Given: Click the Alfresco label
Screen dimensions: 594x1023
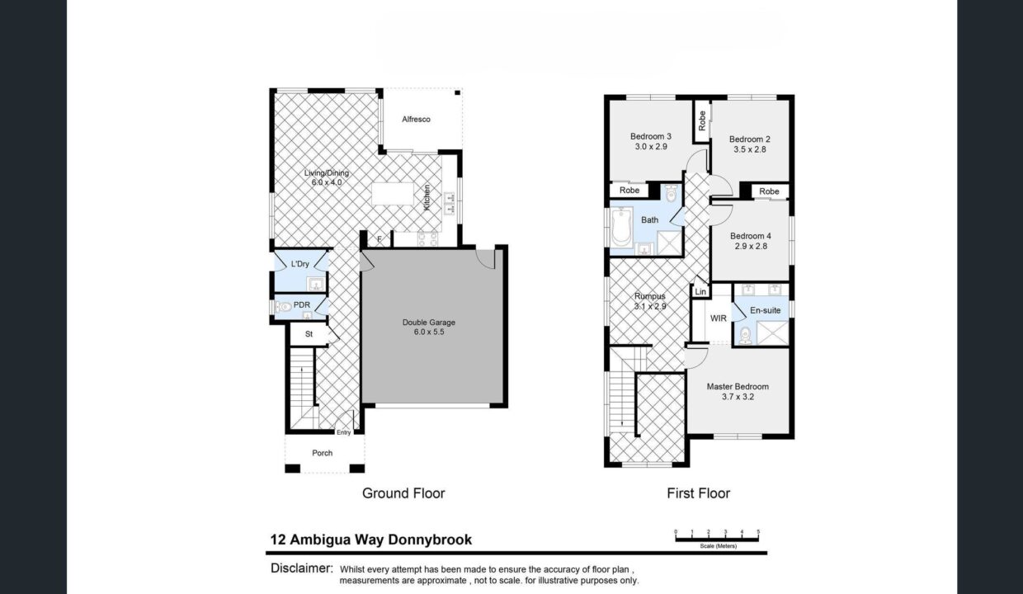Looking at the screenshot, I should (x=416, y=120).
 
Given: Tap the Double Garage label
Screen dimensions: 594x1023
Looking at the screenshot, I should (x=429, y=323).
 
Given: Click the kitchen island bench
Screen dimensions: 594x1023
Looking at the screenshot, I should (x=395, y=194).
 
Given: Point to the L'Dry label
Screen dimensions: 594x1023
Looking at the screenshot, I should (x=300, y=264).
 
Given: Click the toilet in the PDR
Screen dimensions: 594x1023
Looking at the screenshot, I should (x=285, y=306).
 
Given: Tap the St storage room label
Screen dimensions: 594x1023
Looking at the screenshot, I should (x=309, y=334).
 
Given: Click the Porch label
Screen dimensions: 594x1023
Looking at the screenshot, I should (x=323, y=453).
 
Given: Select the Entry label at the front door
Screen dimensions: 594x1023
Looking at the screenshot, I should (x=343, y=433).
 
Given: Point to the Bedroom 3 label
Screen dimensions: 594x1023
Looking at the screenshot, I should (x=650, y=136).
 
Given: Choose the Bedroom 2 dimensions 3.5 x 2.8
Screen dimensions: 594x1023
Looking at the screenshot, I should (x=751, y=149).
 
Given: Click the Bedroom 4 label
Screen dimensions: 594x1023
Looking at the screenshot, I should (x=751, y=236).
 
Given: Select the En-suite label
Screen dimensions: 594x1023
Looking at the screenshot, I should (x=765, y=310).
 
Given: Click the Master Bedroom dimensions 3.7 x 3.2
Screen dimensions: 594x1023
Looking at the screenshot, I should (x=738, y=397).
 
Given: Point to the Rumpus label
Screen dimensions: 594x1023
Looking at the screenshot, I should (x=650, y=296).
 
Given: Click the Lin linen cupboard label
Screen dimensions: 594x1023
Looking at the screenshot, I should (x=700, y=292).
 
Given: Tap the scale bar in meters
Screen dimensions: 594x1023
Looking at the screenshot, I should (x=717, y=538).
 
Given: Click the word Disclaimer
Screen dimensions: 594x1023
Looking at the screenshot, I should (x=301, y=568).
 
